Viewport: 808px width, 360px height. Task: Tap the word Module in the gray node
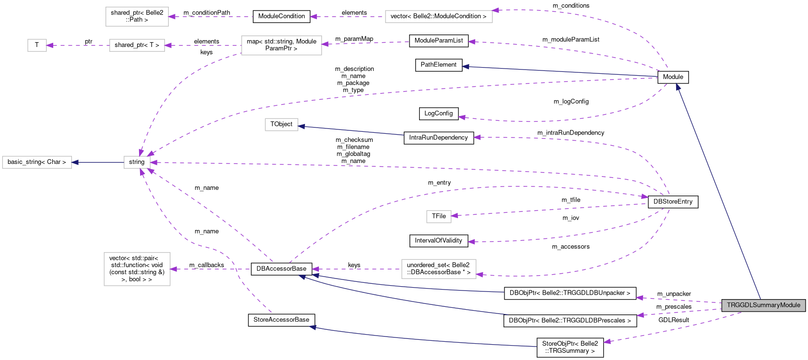tap(790, 305)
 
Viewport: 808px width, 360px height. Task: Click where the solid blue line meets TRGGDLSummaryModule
tap(761, 299)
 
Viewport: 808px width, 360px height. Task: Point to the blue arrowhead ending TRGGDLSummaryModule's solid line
tap(678, 86)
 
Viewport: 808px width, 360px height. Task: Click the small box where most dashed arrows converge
tap(137, 163)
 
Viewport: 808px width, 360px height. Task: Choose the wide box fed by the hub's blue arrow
tap(37, 163)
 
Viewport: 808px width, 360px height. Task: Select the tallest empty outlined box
tap(137, 269)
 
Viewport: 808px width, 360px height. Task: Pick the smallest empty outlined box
tap(37, 46)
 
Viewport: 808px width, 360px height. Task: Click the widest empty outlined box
tap(439, 17)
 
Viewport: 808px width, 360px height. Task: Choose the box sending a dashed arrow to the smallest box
tap(137, 46)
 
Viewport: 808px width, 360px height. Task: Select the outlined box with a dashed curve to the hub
tap(281, 46)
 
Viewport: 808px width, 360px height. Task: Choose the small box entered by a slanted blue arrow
tap(281, 125)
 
